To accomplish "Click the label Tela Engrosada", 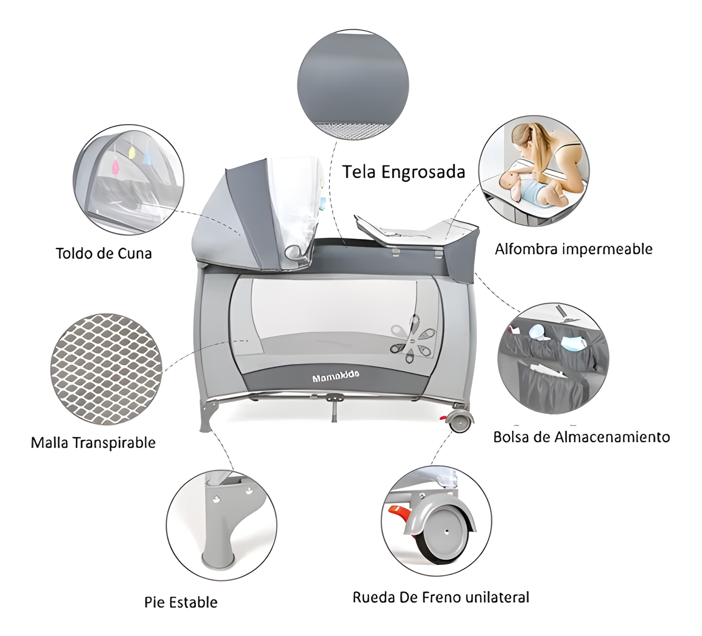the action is [404, 172].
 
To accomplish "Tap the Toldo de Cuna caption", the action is [104, 254].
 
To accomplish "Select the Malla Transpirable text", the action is [93, 443].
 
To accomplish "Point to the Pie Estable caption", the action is [181, 602].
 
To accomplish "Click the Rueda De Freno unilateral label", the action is [441, 597].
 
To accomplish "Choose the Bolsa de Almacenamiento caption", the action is [582, 437].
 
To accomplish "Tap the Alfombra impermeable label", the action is [574, 249].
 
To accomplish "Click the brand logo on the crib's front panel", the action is [336, 375].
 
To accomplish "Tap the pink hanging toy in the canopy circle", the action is [115, 168].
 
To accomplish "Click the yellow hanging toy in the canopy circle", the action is [132, 152].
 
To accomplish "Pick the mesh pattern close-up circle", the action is [106, 369].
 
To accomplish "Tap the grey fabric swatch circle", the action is [353, 86].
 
